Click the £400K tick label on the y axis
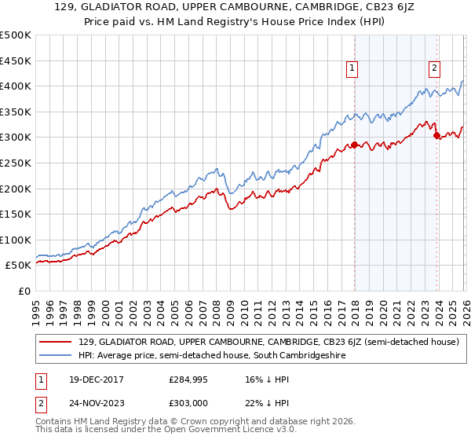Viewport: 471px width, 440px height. click(x=16, y=86)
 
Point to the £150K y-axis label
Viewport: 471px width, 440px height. click(x=16, y=214)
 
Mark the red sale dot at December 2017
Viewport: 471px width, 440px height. click(x=354, y=145)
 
